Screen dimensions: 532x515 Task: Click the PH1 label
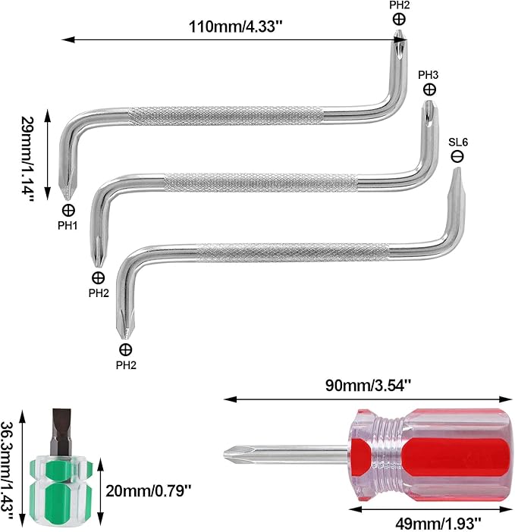pyautogui.click(x=68, y=225)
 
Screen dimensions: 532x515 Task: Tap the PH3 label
pyautogui.click(x=429, y=75)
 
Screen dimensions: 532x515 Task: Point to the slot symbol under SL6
pyautogui.click(x=457, y=156)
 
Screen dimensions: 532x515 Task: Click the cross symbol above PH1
pyautogui.click(x=68, y=210)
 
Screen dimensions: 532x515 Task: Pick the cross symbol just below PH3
pyautogui.click(x=429, y=89)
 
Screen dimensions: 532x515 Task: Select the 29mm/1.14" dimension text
pyautogui.click(x=28, y=157)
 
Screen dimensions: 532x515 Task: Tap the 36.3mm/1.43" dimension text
pyautogui.click(x=9, y=470)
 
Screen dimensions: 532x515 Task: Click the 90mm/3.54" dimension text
pyautogui.click(x=363, y=384)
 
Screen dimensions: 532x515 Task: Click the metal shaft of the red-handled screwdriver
pyautogui.click(x=296, y=455)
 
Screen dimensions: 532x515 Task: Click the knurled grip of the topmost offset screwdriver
pyautogui.click(x=228, y=115)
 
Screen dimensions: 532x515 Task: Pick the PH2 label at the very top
pyautogui.click(x=399, y=5)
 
